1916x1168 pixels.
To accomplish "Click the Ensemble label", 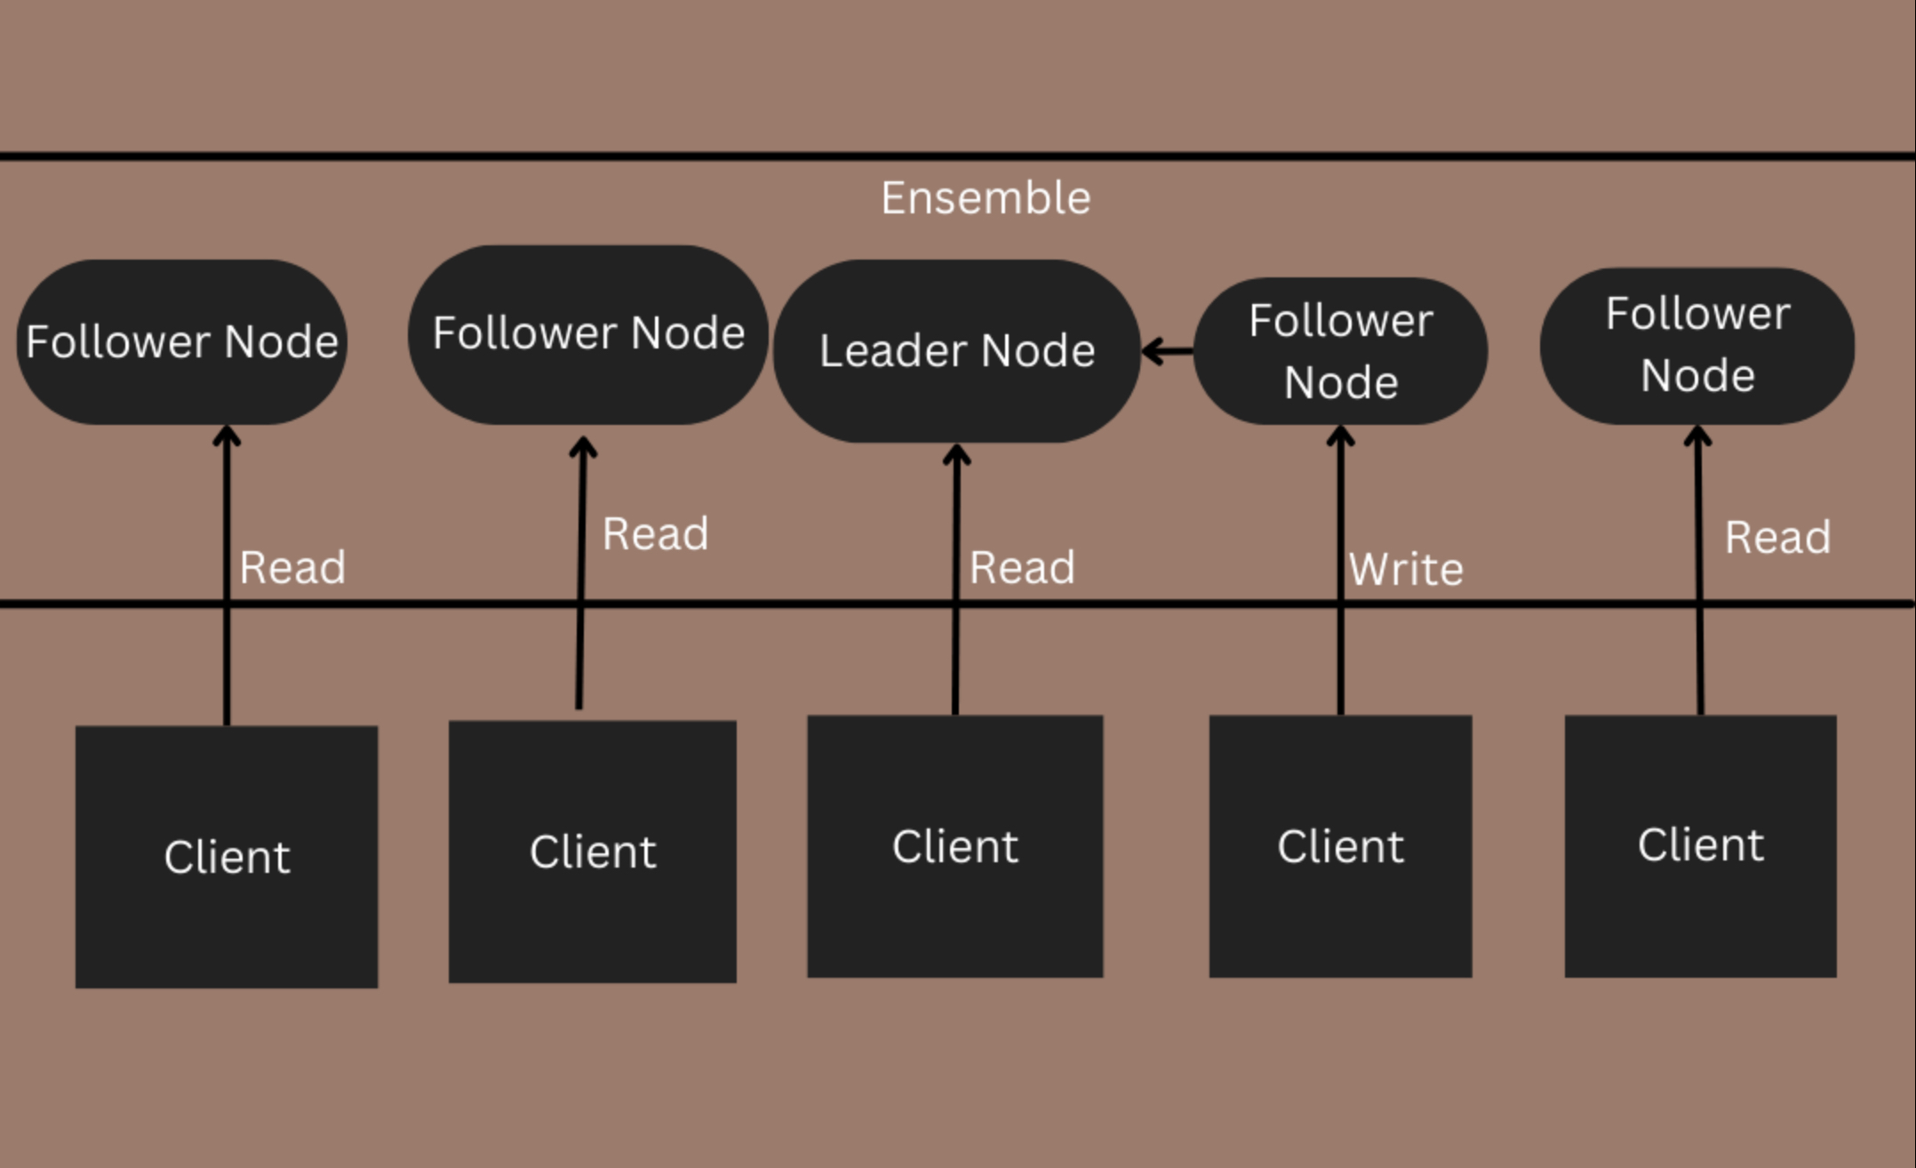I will [986, 197].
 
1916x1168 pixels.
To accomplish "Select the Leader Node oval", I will [956, 350].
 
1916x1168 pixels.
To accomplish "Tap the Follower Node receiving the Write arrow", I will [1340, 350].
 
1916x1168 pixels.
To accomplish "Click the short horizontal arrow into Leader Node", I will [1168, 351].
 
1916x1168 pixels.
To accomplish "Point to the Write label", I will [1405, 569].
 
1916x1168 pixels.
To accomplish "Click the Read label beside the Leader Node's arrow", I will [1022, 567].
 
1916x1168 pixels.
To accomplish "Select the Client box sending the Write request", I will [1340, 845].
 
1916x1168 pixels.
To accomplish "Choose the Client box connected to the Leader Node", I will [954, 845].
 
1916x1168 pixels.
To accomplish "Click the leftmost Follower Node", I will [182, 341].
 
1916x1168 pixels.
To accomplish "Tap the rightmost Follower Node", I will [1697, 345].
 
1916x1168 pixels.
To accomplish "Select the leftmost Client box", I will [227, 856].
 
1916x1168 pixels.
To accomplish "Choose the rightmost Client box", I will [1700, 845].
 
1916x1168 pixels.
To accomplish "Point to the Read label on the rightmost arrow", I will [1777, 537].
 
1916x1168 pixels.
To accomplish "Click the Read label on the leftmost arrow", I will [292, 567].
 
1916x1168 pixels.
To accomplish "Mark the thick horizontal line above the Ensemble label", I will [958, 156].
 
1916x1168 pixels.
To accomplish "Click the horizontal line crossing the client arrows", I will [711, 604].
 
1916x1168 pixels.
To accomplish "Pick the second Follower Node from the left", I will [587, 334].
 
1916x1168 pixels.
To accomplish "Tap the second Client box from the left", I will [592, 851].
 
